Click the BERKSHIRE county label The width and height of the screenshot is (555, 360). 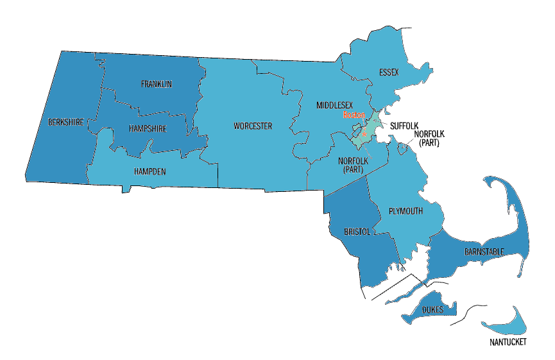[x=65, y=121]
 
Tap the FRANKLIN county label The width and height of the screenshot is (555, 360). [x=157, y=84]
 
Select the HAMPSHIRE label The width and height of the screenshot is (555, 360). [x=146, y=128]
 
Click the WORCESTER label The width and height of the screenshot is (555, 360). [x=252, y=126]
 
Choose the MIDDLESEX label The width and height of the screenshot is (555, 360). [x=334, y=104]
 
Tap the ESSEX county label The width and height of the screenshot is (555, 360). [x=389, y=72]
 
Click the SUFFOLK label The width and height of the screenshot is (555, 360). [x=404, y=126]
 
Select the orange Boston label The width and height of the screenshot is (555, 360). [x=354, y=115]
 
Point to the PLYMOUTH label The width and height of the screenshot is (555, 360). [x=406, y=211]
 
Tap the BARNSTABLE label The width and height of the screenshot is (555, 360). [x=484, y=252]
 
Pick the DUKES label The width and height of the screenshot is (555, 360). [x=432, y=310]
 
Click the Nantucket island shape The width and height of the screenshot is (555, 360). [x=507, y=327]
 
